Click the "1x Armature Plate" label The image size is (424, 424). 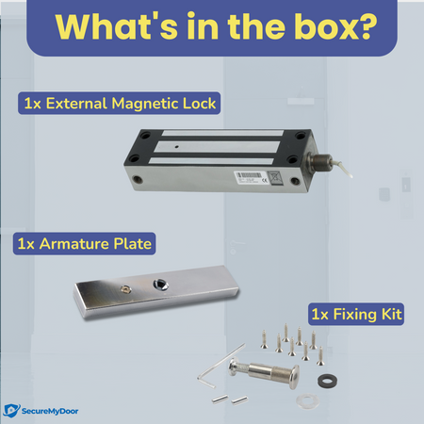pos(85,244)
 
